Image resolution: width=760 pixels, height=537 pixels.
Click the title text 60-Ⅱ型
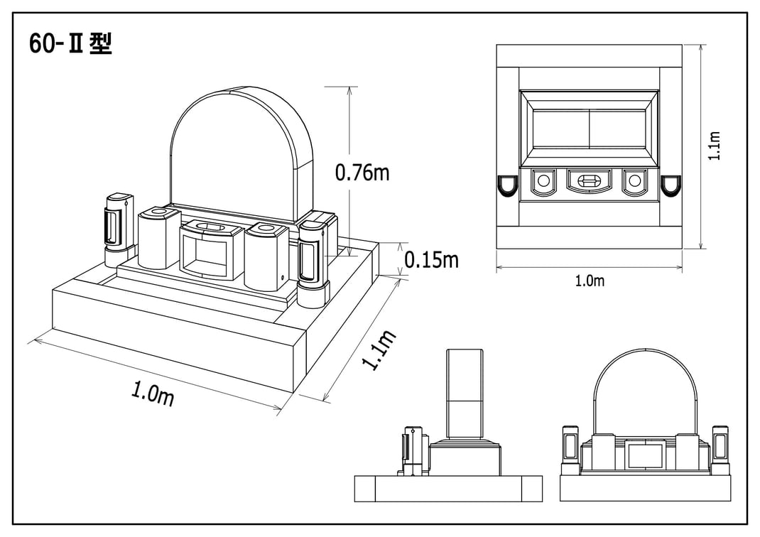(x=70, y=45)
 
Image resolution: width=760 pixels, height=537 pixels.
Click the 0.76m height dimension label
(x=362, y=172)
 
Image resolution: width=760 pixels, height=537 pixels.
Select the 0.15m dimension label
(x=431, y=260)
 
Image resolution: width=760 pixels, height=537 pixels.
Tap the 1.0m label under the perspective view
(x=153, y=393)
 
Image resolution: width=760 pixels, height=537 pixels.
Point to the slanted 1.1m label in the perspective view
(x=379, y=349)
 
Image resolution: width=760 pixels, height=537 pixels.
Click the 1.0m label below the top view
(x=590, y=281)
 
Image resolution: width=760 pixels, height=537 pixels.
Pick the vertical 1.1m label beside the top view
(x=715, y=146)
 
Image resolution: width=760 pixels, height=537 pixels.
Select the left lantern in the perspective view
(x=117, y=227)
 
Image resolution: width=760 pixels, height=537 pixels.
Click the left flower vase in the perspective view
(x=157, y=238)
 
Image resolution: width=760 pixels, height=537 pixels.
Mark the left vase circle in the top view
(x=543, y=181)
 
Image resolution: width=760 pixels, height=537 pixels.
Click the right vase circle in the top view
(x=634, y=181)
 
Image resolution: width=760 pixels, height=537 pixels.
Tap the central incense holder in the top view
(x=589, y=181)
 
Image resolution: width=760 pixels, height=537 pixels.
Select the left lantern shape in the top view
(x=506, y=185)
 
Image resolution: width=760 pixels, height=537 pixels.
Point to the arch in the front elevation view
(x=645, y=384)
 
